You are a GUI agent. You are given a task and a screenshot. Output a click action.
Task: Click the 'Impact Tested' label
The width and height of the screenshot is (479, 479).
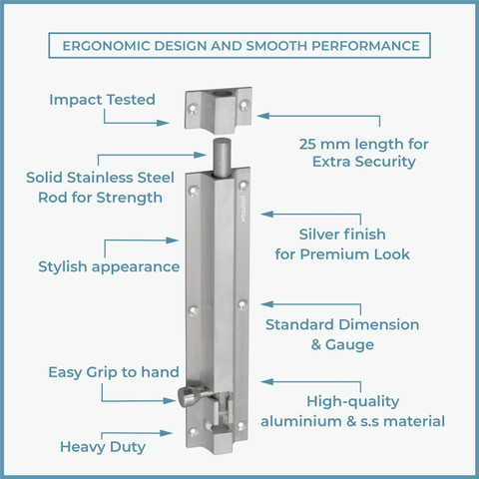point(102,100)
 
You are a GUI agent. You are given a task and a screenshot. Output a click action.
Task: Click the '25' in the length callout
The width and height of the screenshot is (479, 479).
point(307,145)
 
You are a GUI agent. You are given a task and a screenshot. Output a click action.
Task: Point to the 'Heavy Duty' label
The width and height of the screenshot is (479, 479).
point(103,447)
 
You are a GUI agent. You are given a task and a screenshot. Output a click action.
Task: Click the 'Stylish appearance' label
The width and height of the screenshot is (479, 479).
point(109,267)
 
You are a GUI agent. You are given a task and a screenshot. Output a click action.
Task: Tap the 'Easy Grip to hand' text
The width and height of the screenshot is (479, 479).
point(114,372)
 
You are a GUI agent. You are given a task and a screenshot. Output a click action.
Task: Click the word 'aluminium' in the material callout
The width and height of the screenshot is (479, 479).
point(301,421)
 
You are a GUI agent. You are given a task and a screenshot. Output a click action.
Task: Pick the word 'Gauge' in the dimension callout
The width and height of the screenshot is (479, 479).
point(349,345)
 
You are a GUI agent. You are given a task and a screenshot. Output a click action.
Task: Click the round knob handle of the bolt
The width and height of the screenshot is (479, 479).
point(187,397)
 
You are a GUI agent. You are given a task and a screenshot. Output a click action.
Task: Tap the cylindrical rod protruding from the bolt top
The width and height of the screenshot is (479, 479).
point(223,157)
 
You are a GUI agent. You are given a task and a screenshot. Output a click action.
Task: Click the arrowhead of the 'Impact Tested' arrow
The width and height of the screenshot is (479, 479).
point(163,123)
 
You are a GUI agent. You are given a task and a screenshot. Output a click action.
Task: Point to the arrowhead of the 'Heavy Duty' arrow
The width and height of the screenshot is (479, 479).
point(166,433)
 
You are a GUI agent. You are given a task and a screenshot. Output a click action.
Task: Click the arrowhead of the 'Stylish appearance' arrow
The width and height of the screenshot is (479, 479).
point(173,240)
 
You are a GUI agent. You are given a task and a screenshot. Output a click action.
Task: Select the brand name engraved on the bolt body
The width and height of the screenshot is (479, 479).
point(243,207)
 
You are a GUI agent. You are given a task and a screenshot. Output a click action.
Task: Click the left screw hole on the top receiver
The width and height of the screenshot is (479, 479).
point(193,109)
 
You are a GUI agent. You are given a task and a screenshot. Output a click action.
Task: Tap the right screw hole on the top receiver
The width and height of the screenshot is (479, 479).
point(244,106)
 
